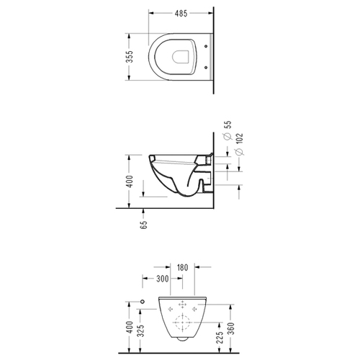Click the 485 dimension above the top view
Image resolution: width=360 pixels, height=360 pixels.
(x=181, y=14)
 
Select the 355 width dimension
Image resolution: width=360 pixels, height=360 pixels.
(x=130, y=57)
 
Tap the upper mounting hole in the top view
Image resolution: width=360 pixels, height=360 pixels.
(x=206, y=46)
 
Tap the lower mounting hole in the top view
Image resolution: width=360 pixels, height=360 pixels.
(x=206, y=68)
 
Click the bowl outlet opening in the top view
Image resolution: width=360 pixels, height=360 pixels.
(x=181, y=57)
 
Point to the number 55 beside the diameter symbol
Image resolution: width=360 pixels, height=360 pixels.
(x=228, y=125)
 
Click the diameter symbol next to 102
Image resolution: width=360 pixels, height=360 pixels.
(x=240, y=152)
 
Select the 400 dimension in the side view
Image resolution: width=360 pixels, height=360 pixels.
(x=130, y=181)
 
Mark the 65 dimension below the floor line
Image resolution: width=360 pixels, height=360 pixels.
(x=143, y=225)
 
